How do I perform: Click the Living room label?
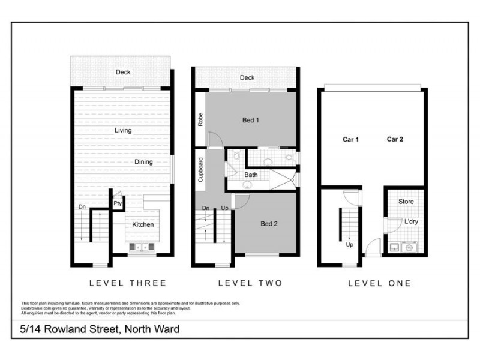123,130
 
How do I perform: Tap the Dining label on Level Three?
143,162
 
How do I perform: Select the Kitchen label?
143,224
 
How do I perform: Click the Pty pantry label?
118,204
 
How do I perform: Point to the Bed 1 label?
250,120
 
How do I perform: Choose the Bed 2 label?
269,224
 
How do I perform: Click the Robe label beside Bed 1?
200,119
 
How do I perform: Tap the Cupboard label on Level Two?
200,170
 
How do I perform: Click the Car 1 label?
350,139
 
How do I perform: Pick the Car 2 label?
395,139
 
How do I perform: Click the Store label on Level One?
406,202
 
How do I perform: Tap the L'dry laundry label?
410,222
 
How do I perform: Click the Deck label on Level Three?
123,72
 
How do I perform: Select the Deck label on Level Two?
247,77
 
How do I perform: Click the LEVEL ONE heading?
379,283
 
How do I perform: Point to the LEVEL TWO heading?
250,283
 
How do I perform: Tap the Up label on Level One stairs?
349,245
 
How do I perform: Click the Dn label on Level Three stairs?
81,208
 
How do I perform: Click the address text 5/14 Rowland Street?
100,329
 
